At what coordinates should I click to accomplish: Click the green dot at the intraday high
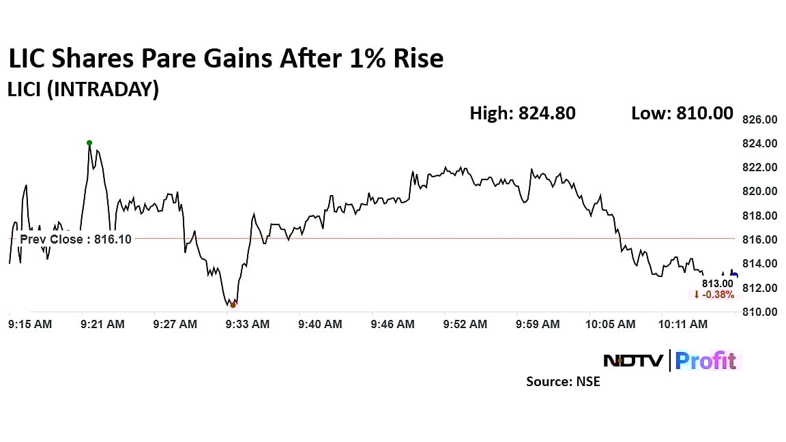pos(89,143)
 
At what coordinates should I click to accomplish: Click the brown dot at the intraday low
pos(233,304)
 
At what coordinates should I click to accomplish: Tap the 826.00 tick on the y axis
pos(759,119)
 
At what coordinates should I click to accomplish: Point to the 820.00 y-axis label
pos(759,192)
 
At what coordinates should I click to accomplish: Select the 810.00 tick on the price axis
pos(759,312)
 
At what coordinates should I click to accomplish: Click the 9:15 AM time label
pos(31,325)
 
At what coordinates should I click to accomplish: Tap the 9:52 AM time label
pos(465,325)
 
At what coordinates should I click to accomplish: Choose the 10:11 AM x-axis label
pos(684,325)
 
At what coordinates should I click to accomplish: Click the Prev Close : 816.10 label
pos(75,239)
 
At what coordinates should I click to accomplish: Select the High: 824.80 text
pos(522,113)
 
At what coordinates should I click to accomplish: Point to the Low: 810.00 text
pos(682,113)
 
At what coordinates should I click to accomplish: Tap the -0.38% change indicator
pos(714,295)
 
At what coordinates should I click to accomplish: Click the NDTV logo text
pos(632,360)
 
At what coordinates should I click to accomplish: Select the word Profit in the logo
pos(705,360)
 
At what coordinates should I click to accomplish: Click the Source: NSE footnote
pos(563,382)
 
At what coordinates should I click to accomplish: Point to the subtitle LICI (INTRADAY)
pos(83,89)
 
